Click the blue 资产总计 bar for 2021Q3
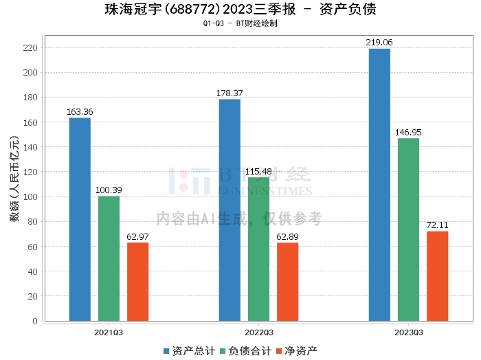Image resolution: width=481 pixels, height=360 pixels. (80, 219)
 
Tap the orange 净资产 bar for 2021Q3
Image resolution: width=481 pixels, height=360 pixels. (137, 282)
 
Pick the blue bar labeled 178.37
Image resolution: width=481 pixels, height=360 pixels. (230, 210)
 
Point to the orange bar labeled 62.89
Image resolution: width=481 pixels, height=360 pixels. (287, 282)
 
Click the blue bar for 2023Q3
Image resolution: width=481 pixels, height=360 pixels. (379, 185)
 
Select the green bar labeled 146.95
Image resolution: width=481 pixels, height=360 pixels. (408, 229)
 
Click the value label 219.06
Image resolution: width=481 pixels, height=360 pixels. (379, 43)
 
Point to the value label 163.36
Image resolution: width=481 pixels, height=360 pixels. (80, 112)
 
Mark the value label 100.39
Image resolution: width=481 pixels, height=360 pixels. (109, 190)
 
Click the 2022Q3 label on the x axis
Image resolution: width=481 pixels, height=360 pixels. (258, 332)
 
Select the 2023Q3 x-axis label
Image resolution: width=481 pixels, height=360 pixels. (408, 332)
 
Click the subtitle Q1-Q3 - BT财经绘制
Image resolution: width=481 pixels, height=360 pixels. (240, 23)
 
